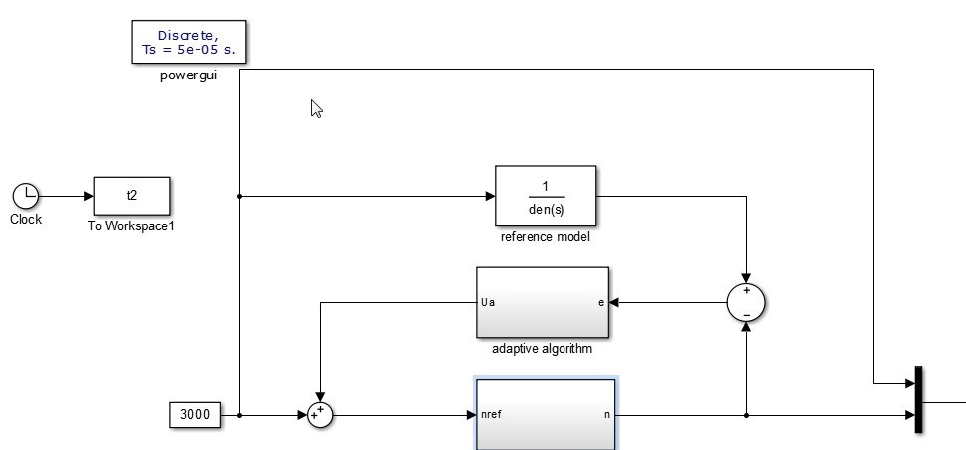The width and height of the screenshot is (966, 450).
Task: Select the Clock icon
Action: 25,196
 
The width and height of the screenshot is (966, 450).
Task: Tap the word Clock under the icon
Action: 25,220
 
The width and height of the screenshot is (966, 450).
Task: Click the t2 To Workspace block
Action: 132,196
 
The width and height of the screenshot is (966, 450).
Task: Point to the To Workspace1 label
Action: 131,226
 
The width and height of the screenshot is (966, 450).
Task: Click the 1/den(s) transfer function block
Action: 546,196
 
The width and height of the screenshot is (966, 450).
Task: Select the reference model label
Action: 546,237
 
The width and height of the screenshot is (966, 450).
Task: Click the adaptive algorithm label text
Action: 543,349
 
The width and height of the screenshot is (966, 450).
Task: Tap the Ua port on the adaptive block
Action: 488,302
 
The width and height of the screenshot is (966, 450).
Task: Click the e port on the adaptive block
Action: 600,302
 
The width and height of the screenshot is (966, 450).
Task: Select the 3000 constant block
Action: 195,414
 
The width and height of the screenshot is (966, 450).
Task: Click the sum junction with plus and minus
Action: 746,302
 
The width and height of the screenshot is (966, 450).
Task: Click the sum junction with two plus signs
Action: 319,414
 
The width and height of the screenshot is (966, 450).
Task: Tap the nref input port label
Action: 491,414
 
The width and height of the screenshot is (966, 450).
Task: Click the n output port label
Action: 606,414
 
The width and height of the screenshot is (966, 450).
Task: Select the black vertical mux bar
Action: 918,399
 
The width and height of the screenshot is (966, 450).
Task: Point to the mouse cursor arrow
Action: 316,108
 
